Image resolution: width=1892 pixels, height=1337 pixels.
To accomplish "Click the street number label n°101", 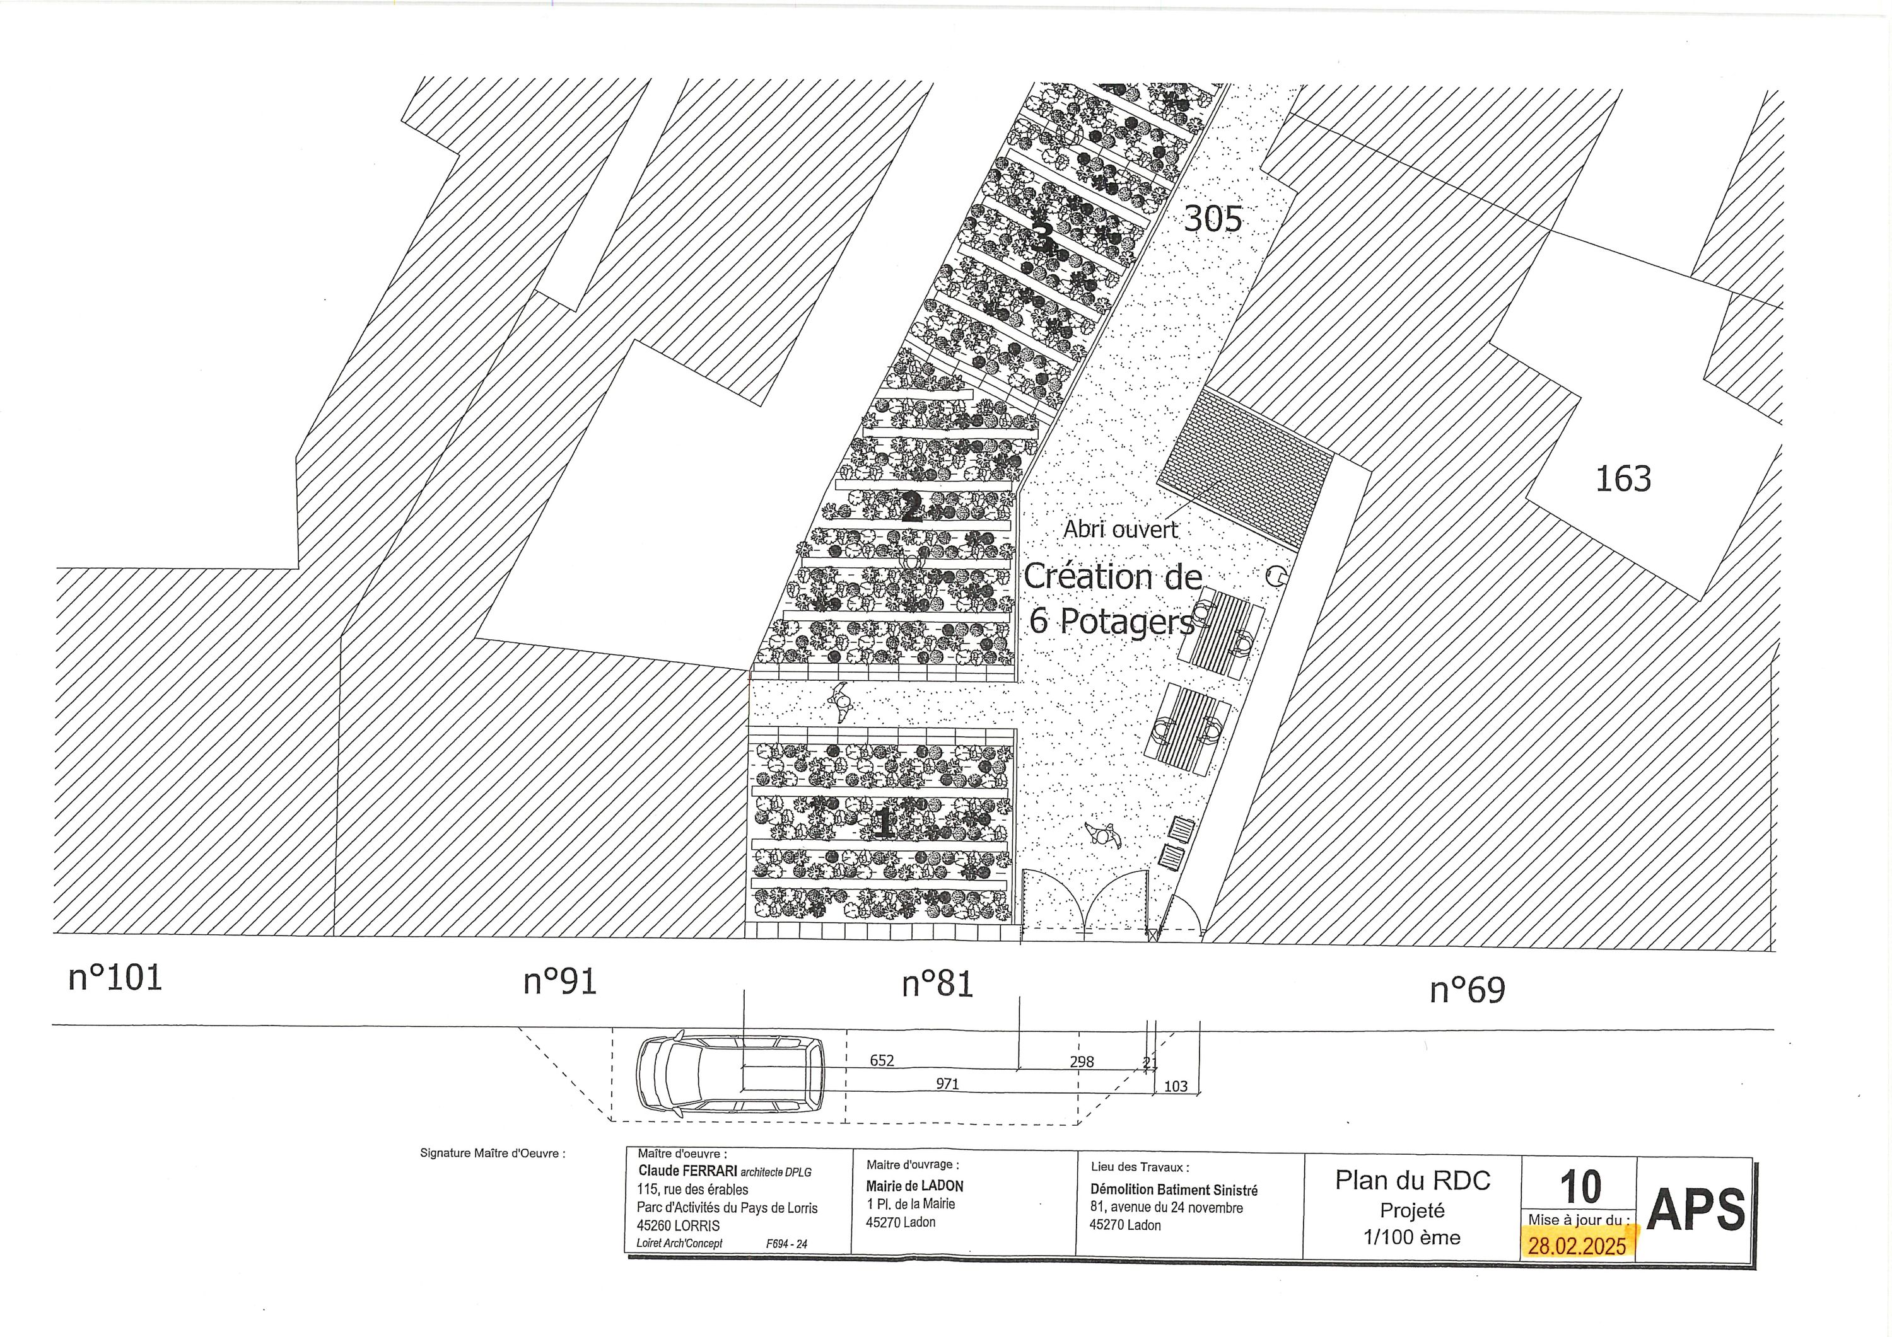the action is [x=115, y=978].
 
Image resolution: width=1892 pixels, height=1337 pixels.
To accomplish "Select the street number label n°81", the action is [x=937, y=983].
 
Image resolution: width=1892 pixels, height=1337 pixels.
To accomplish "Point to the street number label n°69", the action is [x=1468, y=990].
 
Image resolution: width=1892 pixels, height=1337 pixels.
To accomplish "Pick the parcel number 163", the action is [x=1623, y=478].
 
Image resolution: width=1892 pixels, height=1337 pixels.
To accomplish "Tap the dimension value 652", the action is [x=882, y=1060].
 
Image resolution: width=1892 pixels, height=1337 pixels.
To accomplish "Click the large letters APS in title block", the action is [x=1696, y=1209].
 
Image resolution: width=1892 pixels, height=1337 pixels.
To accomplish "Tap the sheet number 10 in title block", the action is [x=1580, y=1187].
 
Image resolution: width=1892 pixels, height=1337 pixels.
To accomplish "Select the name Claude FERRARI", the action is [x=688, y=1171].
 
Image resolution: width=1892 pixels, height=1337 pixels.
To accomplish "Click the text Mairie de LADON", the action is [x=914, y=1186].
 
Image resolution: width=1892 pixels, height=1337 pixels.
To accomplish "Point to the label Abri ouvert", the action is [x=1121, y=530].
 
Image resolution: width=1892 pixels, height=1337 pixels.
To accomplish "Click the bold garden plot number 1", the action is [x=884, y=822].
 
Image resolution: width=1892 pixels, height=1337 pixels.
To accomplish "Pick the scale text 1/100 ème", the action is [x=1411, y=1237].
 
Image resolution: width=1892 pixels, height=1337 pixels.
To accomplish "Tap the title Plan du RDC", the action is [x=1413, y=1181].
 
